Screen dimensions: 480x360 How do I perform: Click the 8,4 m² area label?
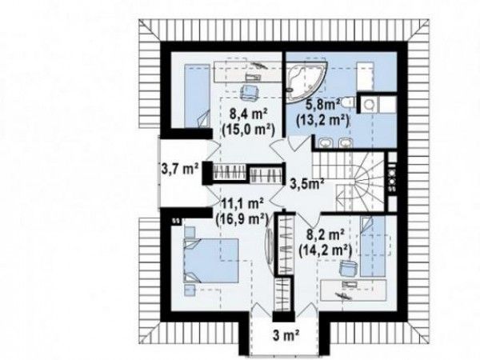[x=249, y=115]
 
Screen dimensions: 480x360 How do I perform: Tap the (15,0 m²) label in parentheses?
[x=248, y=130]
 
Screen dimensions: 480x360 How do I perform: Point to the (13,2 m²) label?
[x=322, y=120]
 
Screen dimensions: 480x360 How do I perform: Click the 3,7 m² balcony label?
[x=180, y=168]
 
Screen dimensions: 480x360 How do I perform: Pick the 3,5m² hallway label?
[x=307, y=184]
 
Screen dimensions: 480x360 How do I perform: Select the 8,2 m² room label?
[x=325, y=236]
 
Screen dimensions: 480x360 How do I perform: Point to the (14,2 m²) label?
[x=325, y=250]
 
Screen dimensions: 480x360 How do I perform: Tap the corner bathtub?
[x=306, y=80]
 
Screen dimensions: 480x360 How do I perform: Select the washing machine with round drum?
[x=369, y=105]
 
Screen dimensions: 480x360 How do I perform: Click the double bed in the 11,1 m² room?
[x=211, y=260]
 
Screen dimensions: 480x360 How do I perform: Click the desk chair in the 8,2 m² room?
[x=348, y=268]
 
